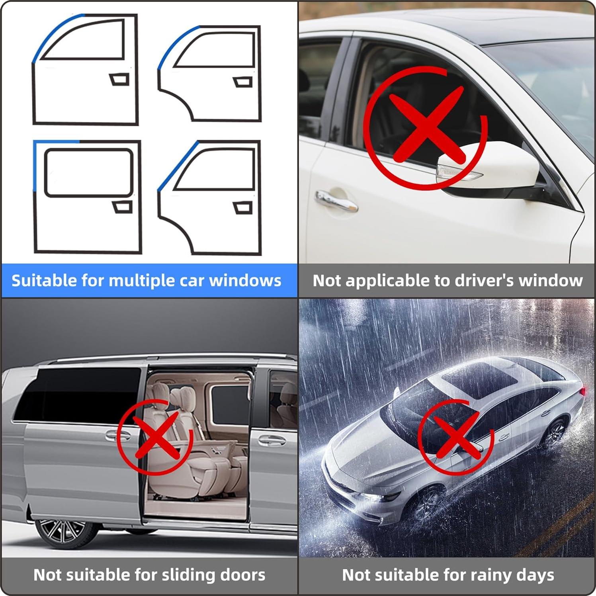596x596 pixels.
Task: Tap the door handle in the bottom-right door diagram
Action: coord(242,207)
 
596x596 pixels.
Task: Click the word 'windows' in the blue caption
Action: coord(245,281)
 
